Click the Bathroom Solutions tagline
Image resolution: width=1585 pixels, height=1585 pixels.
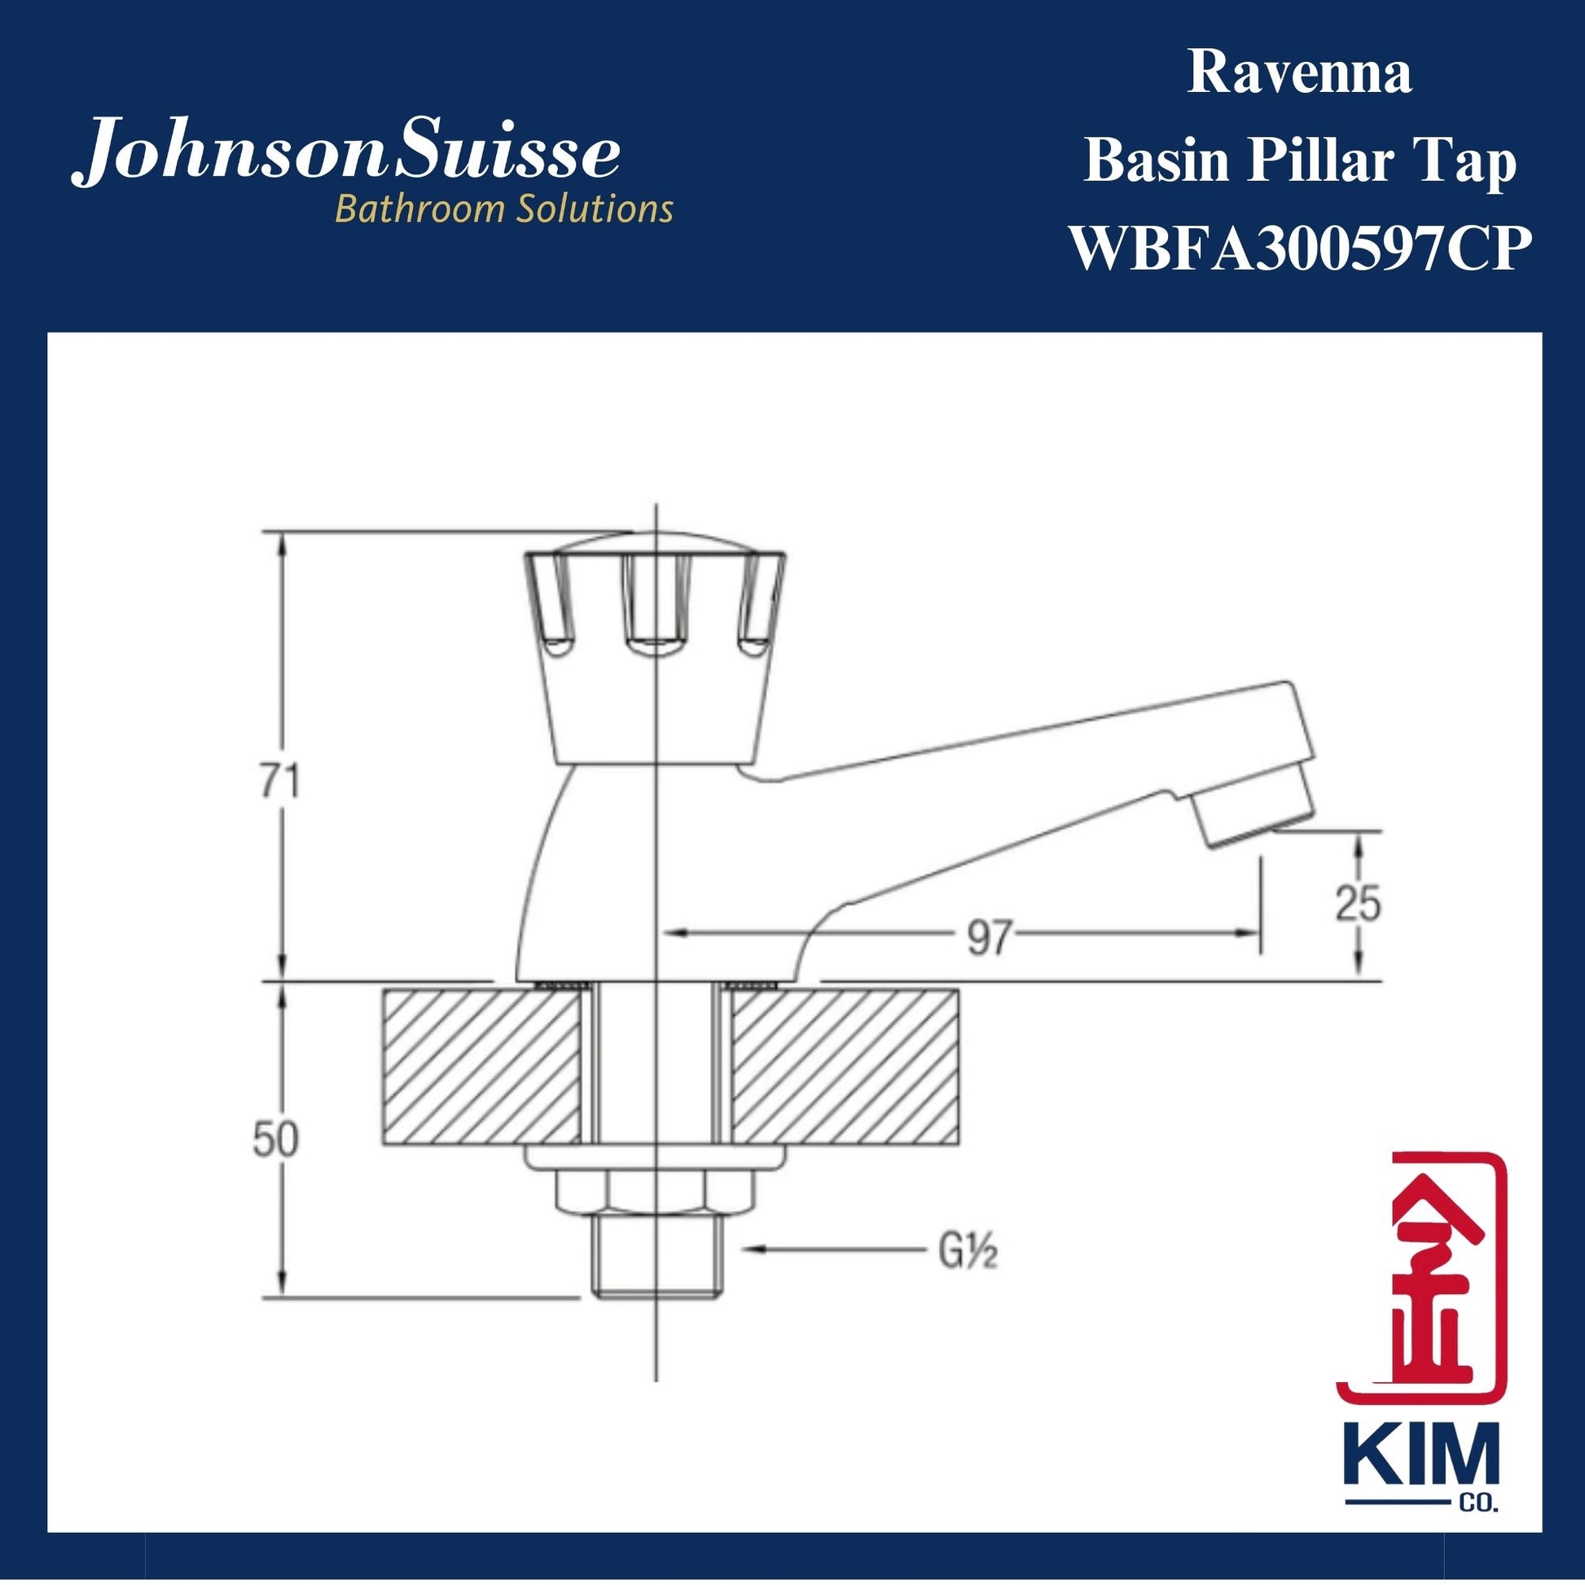(503, 210)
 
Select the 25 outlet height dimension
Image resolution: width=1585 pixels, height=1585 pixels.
(1358, 903)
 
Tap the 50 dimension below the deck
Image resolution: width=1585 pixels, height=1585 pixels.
(274, 1141)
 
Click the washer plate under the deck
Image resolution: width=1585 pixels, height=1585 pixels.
(654, 1155)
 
